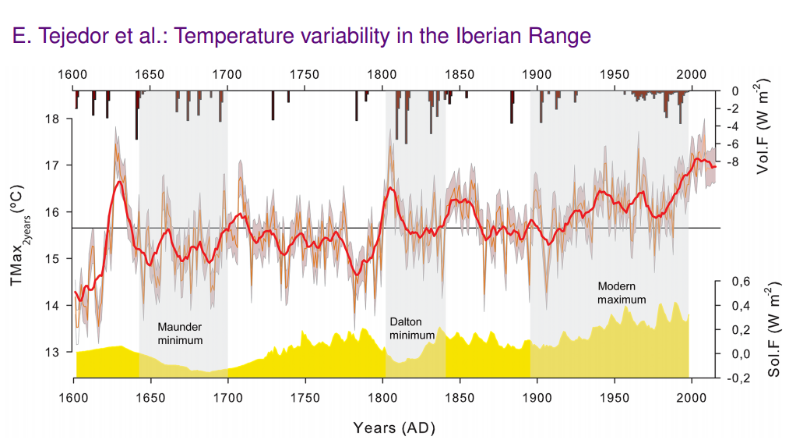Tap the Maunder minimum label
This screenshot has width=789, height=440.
pos(180,333)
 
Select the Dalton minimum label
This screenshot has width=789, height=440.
pos(411,328)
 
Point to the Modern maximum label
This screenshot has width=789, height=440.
pos(622,293)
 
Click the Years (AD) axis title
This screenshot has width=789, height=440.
pos(393,428)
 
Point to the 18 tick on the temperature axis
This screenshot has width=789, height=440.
pos(54,119)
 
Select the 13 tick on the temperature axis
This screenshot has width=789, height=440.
pos(54,352)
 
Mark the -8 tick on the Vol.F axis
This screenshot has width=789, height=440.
pos(733,162)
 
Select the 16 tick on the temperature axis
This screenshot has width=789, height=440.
pos(54,212)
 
